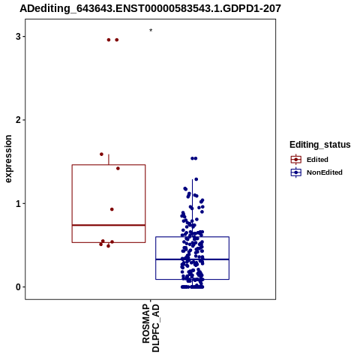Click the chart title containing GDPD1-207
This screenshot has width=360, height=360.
click(x=150, y=8)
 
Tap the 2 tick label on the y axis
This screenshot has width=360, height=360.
click(x=18, y=120)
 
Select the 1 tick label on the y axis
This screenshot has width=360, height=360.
click(x=18, y=204)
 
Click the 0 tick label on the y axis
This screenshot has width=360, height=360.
click(x=18, y=287)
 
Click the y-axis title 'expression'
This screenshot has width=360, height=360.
click(x=8, y=159)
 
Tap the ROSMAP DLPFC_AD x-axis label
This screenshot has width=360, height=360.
click(x=151, y=328)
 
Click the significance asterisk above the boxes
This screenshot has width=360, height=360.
click(x=151, y=30)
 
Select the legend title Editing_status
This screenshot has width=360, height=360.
click(x=320, y=145)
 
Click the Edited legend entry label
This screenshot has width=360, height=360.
click(x=317, y=160)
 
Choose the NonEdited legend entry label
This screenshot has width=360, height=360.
click(x=325, y=172)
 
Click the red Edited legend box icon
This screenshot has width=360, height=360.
click(x=296, y=160)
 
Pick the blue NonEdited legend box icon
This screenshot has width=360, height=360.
click(x=296, y=172)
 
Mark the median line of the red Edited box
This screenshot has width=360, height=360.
click(x=109, y=225)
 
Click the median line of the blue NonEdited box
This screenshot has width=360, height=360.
click(x=192, y=259)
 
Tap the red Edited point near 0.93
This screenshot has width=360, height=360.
click(x=112, y=209)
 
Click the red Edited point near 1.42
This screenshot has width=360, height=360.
click(x=118, y=169)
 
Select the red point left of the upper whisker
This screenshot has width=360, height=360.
click(x=101, y=154)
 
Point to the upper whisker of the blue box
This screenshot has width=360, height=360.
click(x=192, y=208)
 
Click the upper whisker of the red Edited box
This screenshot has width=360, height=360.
click(x=109, y=160)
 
